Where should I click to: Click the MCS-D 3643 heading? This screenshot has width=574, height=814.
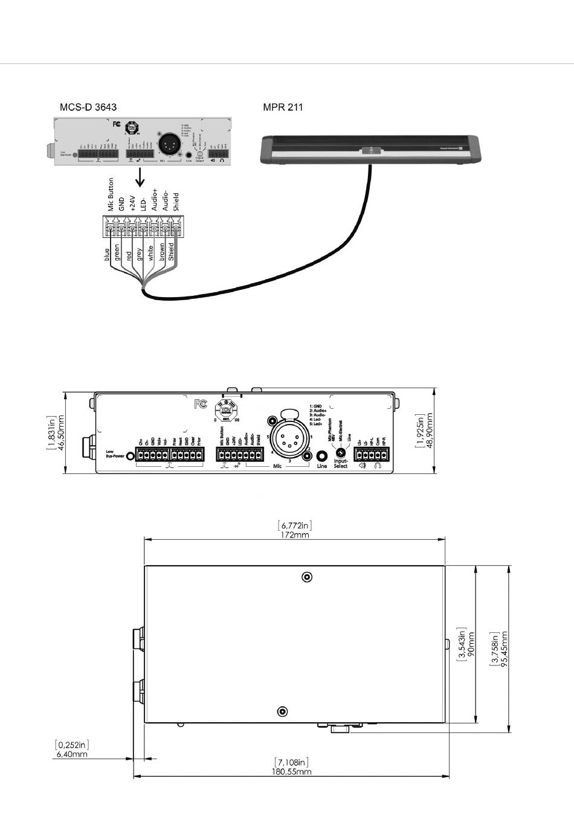coord(88,107)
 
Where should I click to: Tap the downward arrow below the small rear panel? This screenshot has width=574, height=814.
coord(140,178)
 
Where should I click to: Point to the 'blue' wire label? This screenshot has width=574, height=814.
coord(106,254)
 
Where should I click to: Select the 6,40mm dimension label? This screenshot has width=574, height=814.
coord(71,754)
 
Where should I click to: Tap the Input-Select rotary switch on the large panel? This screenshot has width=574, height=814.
coord(340,453)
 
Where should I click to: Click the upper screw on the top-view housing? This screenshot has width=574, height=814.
coord(308,577)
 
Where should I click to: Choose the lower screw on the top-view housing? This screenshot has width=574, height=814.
coord(282,712)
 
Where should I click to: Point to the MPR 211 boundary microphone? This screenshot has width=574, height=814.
coord(370,150)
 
